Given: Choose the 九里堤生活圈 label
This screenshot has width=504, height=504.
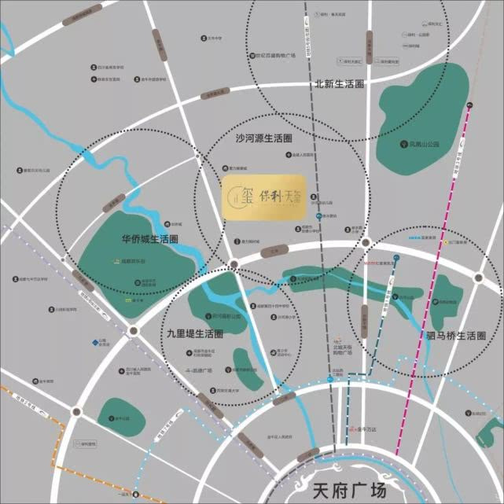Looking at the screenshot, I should tap(194, 334).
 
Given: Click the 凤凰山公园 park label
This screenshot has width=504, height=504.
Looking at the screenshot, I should tap(423, 145).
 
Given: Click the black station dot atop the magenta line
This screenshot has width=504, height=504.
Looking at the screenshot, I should tap(469, 105).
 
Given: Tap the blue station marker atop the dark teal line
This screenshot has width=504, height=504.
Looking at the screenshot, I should tap(398, 258).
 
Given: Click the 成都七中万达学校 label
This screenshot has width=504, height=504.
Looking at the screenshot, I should tap(37, 278).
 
